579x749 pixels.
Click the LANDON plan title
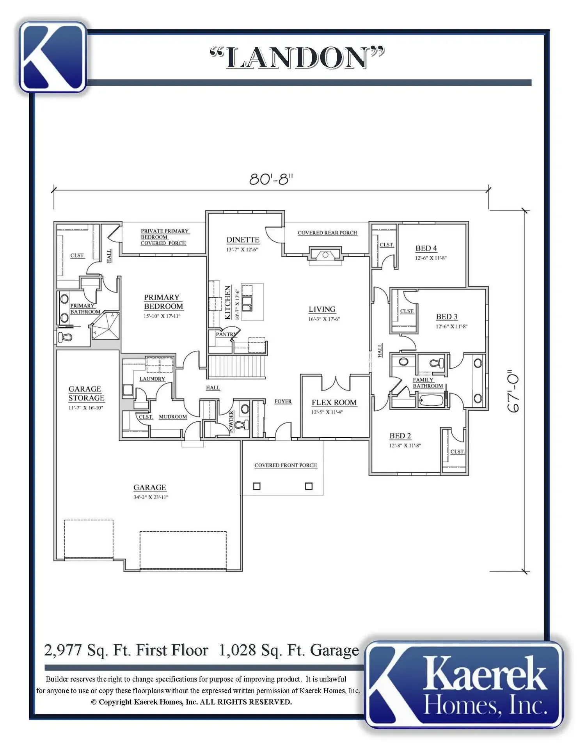click(x=297, y=57)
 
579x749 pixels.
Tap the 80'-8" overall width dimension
click(x=271, y=179)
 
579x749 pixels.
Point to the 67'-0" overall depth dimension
click(x=513, y=392)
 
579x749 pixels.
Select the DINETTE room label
click(x=243, y=240)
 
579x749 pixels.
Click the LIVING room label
click(x=322, y=309)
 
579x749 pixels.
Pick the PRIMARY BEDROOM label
click(x=163, y=302)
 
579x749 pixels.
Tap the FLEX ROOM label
click(x=334, y=403)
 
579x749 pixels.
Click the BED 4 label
click(x=426, y=248)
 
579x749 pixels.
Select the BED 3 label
click(x=447, y=317)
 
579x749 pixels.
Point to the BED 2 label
click(x=400, y=436)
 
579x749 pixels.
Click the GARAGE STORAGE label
click(x=86, y=394)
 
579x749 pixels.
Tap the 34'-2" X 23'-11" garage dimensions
click(x=151, y=497)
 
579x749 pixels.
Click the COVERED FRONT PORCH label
click(x=286, y=465)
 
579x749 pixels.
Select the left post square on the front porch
click(x=257, y=486)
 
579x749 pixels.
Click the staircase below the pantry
click(x=237, y=366)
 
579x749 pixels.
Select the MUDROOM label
click(x=173, y=417)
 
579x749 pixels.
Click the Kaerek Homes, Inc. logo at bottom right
click(x=464, y=685)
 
